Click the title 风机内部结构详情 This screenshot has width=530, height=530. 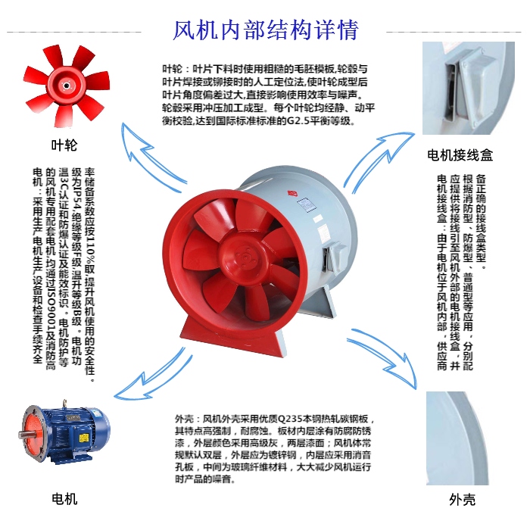pos(265,30)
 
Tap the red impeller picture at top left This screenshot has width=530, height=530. pos(67,86)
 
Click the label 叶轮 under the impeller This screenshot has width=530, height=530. pos(64,145)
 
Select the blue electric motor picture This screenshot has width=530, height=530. pos(64,431)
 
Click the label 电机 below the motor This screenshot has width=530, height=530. pos(64,499)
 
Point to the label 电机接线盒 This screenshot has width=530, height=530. pos(460,155)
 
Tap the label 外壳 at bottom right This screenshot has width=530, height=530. pos(462,500)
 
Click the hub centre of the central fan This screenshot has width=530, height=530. pos(244,257)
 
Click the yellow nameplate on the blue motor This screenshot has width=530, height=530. pos(83,438)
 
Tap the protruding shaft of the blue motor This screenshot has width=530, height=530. pos(24,435)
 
